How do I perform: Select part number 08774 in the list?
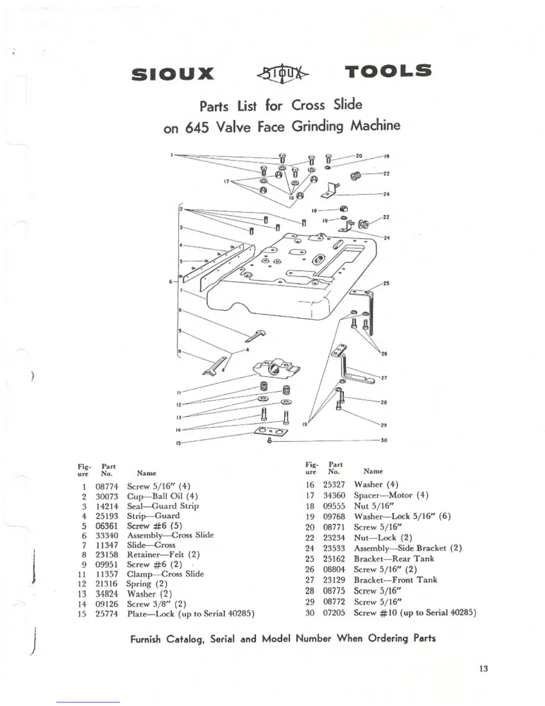point(107,486)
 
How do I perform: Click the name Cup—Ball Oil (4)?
point(162,496)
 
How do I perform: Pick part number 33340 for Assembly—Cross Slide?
point(107,535)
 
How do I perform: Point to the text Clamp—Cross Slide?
point(165,574)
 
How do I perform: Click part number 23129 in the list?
point(334,580)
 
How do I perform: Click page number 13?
point(484,669)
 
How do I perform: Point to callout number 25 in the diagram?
point(386,283)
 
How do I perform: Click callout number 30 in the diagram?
point(383,440)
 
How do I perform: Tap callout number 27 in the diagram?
point(383,378)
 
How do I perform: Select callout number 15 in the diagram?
point(179,443)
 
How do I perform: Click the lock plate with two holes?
point(271,431)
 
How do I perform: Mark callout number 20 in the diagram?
point(359,156)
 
